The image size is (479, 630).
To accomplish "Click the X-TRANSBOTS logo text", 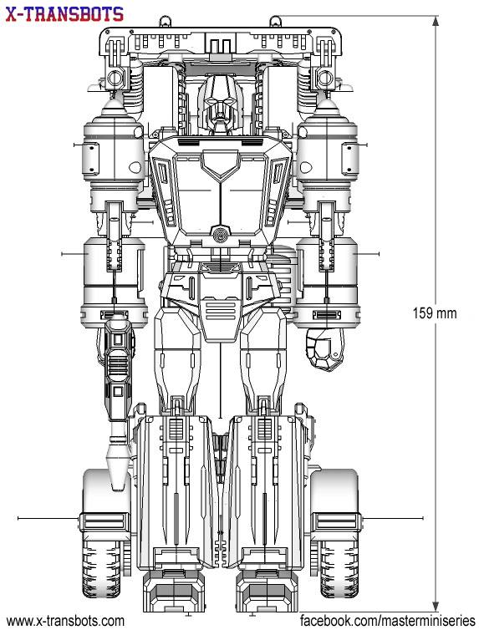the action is coord(64,14).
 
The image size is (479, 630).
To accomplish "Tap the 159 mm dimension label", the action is coord(435,313).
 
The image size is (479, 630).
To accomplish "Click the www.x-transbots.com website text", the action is coord(65,621).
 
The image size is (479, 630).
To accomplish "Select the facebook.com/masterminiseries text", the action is coord(388,621).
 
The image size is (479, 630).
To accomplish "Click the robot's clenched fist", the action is coord(324,348).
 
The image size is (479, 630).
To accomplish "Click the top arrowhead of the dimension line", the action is coord(436,21).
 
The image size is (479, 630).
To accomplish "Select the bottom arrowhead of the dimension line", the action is coord(436,607).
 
